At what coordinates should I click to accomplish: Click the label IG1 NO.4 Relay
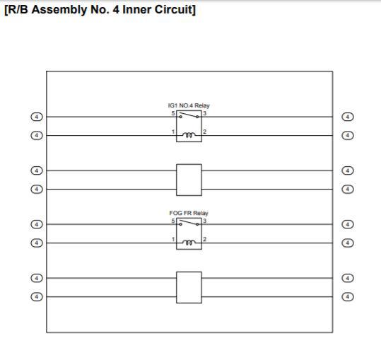[189, 105]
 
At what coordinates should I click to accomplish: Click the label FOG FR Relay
[189, 213]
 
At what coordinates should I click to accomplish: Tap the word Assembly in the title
[59, 10]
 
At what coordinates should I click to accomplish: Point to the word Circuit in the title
[173, 10]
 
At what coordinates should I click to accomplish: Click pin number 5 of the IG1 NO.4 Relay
[173, 113]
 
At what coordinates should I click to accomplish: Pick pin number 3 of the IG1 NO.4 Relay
[205, 113]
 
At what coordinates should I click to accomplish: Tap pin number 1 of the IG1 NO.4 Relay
[173, 132]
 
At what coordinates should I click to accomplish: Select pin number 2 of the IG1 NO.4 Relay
[205, 132]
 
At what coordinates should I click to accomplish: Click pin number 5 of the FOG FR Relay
[173, 221]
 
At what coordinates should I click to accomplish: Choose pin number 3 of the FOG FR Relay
[205, 221]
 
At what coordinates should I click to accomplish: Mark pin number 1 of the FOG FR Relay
[173, 240]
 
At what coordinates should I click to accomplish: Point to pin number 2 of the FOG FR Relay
[205, 240]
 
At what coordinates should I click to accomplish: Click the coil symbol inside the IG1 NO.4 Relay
[189, 134]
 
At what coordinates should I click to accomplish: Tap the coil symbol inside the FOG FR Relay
[189, 243]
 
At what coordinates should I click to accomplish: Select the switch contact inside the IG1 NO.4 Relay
[189, 115]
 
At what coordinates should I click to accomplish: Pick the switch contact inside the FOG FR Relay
[189, 222]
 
